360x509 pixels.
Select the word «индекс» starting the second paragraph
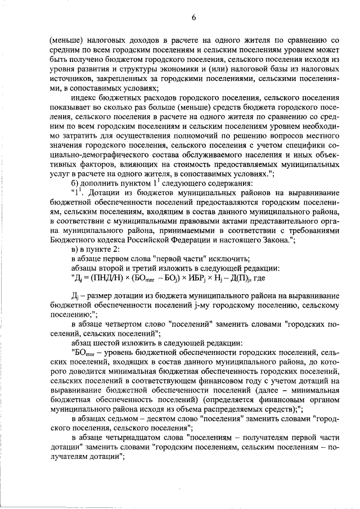click(x=84, y=97)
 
